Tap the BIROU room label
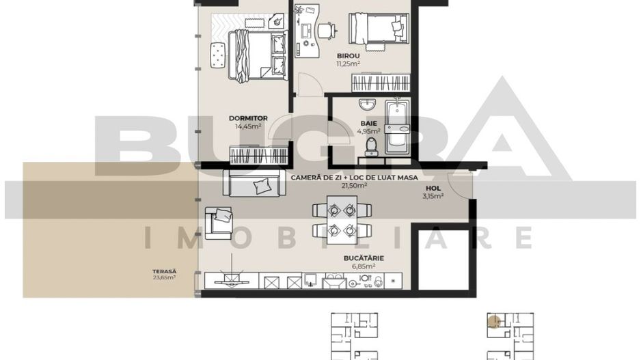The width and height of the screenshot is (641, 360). [x=348, y=56]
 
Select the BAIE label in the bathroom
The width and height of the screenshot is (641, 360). [x=369, y=124]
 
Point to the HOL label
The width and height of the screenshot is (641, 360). [x=433, y=188]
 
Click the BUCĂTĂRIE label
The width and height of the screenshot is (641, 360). [x=364, y=258]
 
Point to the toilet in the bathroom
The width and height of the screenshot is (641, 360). [x=372, y=146]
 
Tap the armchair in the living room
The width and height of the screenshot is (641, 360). [x=220, y=220]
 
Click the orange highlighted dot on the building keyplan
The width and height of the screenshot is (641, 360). [x=493, y=318]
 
